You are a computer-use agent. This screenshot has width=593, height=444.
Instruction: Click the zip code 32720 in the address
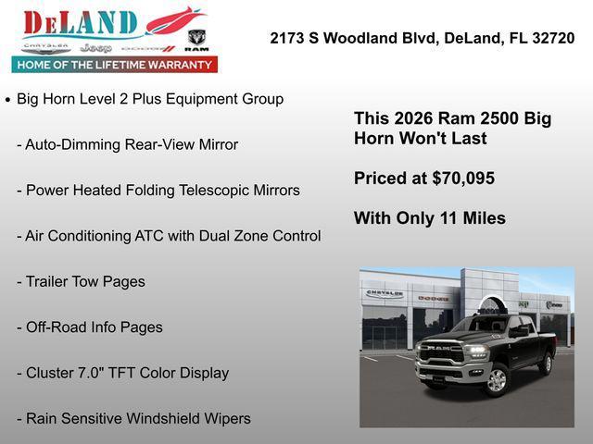tap(553, 39)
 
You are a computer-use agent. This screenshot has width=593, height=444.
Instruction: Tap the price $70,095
tap(463, 179)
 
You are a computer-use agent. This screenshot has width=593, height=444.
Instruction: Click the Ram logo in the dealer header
tap(196, 39)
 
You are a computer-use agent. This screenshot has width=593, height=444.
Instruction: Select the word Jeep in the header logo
tap(95, 47)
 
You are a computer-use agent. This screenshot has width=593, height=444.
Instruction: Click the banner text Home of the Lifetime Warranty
tap(115, 65)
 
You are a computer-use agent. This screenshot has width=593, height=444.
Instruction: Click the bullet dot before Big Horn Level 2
tap(8, 99)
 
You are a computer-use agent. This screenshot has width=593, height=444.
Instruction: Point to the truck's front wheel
tap(496, 378)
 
